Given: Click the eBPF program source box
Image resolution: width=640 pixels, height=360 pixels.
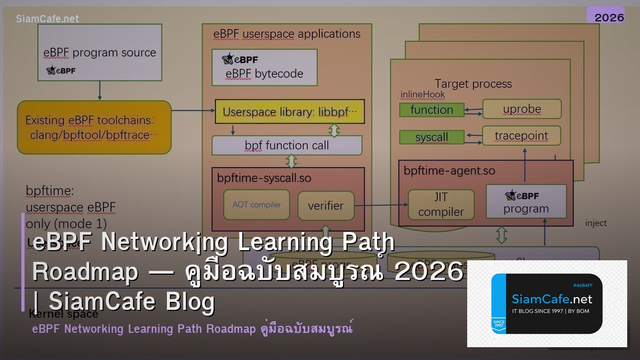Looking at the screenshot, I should (100, 52).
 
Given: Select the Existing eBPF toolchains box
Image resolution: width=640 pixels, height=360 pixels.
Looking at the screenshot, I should (94, 127).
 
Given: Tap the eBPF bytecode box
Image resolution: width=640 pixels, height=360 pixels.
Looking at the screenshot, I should (265, 67).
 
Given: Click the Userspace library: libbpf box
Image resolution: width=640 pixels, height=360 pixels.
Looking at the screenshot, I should (290, 111).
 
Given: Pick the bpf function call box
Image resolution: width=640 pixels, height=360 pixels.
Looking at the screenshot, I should (287, 145).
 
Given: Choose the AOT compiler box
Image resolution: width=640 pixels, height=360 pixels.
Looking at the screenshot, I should (257, 205).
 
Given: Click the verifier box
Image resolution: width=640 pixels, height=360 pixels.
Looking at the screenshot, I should (326, 206).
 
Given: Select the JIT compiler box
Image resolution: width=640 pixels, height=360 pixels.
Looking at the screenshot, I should (441, 204).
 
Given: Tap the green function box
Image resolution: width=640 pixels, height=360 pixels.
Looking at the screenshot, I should (431, 110).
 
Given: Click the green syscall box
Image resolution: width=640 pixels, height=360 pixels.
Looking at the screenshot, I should (431, 137).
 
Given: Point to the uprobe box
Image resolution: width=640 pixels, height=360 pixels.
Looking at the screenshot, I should (522, 109).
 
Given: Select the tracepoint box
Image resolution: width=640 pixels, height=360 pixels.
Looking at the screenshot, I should (521, 135).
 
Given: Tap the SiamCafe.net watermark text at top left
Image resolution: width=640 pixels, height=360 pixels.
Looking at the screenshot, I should (47, 19).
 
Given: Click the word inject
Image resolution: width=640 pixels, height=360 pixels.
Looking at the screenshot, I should (596, 223).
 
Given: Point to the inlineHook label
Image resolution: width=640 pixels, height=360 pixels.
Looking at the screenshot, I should (422, 94).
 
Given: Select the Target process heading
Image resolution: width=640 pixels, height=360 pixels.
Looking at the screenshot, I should (473, 84).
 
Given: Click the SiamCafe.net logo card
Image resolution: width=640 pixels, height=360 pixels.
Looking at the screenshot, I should (547, 303).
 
